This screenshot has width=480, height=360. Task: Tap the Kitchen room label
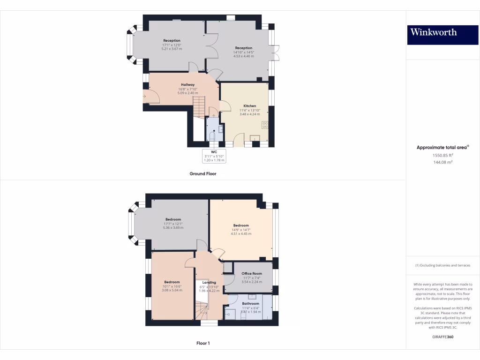point(249,106)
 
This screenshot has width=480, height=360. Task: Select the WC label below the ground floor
point(214,152)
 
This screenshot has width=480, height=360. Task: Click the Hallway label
point(187,85)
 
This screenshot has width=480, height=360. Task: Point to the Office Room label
point(252,273)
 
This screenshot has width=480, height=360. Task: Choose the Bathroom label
point(251,304)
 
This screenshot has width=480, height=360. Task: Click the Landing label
point(209,283)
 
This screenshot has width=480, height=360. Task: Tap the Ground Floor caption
point(202,173)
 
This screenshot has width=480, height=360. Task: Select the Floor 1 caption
point(202,343)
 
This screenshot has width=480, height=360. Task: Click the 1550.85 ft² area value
point(442,155)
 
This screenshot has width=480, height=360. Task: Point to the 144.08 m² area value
point(442,162)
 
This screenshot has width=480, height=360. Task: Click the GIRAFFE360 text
point(443,337)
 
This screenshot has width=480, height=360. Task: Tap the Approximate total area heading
point(442,147)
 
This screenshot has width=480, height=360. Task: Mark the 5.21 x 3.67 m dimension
point(172,49)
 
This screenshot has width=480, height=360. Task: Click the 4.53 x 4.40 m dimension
point(243,56)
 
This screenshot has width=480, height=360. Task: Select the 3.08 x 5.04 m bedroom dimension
point(172,290)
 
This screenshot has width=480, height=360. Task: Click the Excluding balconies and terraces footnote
point(442,265)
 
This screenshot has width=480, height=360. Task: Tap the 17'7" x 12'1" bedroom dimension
point(173,224)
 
